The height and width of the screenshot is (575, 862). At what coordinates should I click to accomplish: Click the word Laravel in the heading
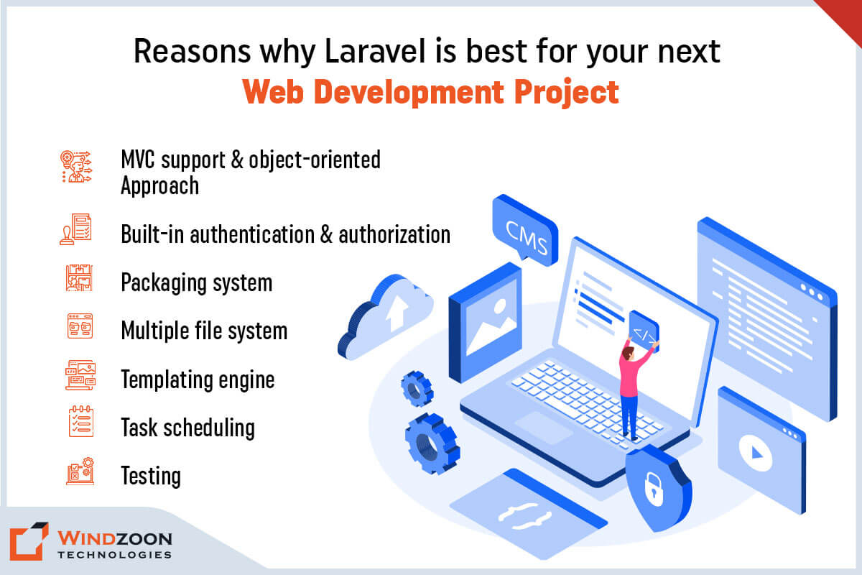(x=375, y=52)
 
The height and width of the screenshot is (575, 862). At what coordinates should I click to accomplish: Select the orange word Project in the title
(x=567, y=93)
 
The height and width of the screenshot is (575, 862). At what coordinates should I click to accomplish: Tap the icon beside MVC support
(x=76, y=166)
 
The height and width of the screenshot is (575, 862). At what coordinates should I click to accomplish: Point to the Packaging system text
(x=197, y=283)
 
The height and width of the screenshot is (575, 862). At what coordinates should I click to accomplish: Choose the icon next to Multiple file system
(x=80, y=326)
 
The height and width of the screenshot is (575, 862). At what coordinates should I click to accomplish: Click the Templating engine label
(x=198, y=380)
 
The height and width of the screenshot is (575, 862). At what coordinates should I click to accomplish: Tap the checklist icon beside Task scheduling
(x=80, y=421)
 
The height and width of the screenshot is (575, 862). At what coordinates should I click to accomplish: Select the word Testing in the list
(x=151, y=476)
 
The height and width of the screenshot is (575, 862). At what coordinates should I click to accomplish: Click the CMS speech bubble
(x=525, y=230)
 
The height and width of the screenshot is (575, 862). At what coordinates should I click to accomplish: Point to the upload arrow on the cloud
(x=397, y=312)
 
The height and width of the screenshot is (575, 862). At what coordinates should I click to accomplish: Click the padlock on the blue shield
(x=654, y=489)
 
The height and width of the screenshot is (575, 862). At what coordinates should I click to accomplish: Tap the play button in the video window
(x=756, y=453)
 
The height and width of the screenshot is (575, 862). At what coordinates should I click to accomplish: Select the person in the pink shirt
(x=633, y=389)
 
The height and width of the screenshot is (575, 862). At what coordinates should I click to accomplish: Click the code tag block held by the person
(x=644, y=331)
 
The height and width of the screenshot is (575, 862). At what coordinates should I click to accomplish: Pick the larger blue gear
(x=432, y=443)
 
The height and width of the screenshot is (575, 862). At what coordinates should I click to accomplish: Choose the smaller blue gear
(x=417, y=389)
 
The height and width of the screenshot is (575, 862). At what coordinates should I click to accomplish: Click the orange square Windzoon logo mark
(x=29, y=541)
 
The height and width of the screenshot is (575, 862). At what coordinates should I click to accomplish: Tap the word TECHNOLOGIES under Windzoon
(x=114, y=555)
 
